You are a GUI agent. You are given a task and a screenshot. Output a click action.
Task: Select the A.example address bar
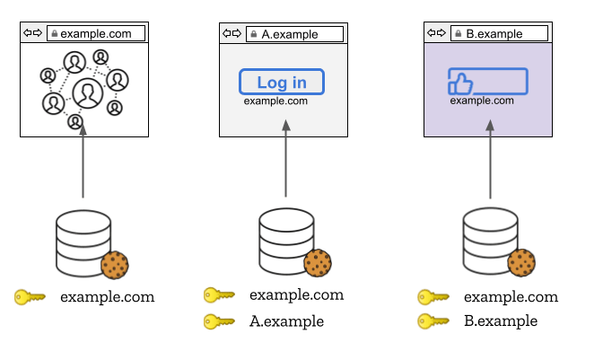(295, 34)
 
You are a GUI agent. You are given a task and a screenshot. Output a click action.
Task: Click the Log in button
(281, 83)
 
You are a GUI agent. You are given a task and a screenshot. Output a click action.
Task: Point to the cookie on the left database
(115, 265)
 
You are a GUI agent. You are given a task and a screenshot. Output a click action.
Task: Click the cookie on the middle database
(318, 264)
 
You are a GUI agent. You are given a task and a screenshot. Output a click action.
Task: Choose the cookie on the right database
(521, 263)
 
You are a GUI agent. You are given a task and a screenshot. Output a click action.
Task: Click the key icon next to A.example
(219, 320)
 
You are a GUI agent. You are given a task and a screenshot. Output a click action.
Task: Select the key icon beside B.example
(433, 320)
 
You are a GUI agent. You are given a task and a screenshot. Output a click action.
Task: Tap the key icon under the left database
(30, 297)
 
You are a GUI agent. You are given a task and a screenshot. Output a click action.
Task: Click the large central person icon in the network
(87, 92)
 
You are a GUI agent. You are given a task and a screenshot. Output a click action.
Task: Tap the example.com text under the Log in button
(281, 101)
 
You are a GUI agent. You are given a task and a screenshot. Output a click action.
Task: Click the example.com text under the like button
(482, 101)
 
